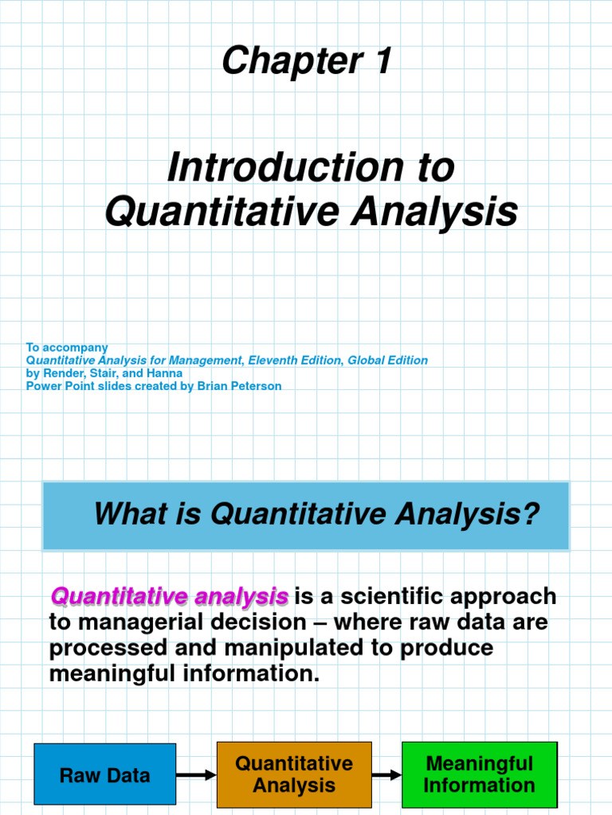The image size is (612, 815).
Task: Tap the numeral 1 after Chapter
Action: (380, 61)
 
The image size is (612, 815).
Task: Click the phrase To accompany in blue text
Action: (67, 348)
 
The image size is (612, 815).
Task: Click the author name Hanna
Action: (166, 373)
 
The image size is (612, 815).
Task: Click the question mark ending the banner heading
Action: (531, 514)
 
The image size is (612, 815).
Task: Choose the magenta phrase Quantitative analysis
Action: (169, 596)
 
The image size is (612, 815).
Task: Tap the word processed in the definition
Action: (104, 648)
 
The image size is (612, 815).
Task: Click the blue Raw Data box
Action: (104, 775)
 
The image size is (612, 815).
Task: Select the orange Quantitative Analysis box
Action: (294, 774)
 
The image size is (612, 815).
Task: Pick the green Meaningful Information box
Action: (479, 774)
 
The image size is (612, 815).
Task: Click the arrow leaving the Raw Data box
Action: (196, 775)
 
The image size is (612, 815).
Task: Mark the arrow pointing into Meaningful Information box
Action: (386, 775)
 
